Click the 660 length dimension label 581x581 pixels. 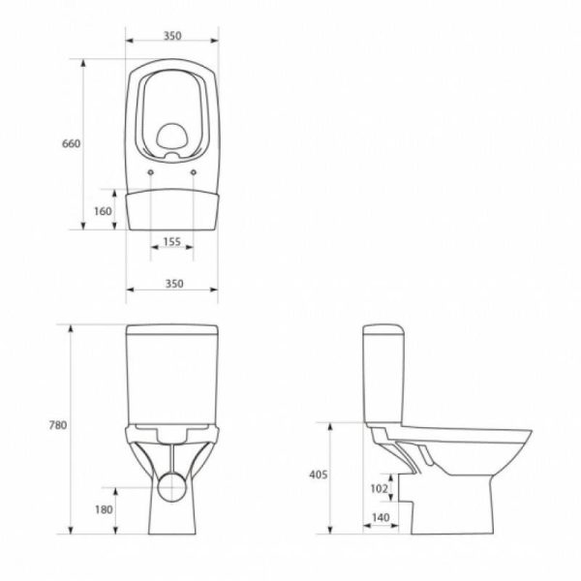(x=71, y=143)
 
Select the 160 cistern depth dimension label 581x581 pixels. (x=103, y=211)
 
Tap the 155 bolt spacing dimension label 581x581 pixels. (x=172, y=241)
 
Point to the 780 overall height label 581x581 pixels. (x=58, y=425)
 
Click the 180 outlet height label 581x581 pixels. (x=104, y=510)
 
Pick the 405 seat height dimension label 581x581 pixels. (x=319, y=474)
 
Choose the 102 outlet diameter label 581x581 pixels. (x=379, y=489)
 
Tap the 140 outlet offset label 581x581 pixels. (x=381, y=517)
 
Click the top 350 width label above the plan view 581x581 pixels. (x=172, y=36)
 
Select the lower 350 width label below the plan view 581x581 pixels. (x=174, y=284)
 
